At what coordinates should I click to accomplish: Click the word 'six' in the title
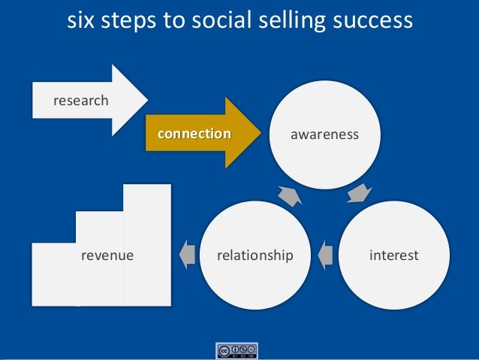(x=80, y=21)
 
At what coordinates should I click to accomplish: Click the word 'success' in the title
(x=372, y=21)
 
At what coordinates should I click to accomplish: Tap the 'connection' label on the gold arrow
(x=194, y=135)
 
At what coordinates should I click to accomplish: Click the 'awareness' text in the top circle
(x=325, y=135)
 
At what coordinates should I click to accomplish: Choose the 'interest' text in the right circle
(x=394, y=256)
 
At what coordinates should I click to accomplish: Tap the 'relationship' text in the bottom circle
(x=255, y=256)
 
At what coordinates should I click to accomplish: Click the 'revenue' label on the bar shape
(x=107, y=256)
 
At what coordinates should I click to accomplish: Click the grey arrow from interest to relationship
(x=325, y=256)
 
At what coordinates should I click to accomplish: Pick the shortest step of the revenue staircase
(x=53, y=278)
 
